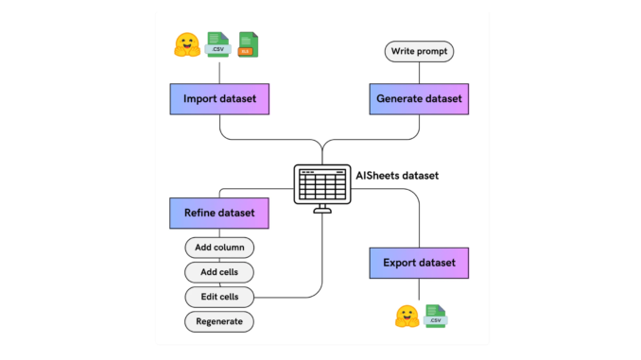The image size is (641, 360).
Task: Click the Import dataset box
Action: tap(219, 99)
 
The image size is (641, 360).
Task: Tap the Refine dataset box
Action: tap(219, 214)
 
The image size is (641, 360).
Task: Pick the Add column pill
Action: tap(219, 249)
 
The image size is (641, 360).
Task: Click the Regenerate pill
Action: tap(219, 322)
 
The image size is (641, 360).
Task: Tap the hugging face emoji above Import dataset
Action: tap(186, 44)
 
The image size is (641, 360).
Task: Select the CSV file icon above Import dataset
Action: tap(219, 44)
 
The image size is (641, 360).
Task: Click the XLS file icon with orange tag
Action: tap(249, 44)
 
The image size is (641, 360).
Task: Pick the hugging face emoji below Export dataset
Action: tap(407, 317)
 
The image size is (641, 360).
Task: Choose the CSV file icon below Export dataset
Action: tap(436, 317)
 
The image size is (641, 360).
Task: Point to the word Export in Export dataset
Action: tap(396, 262)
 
